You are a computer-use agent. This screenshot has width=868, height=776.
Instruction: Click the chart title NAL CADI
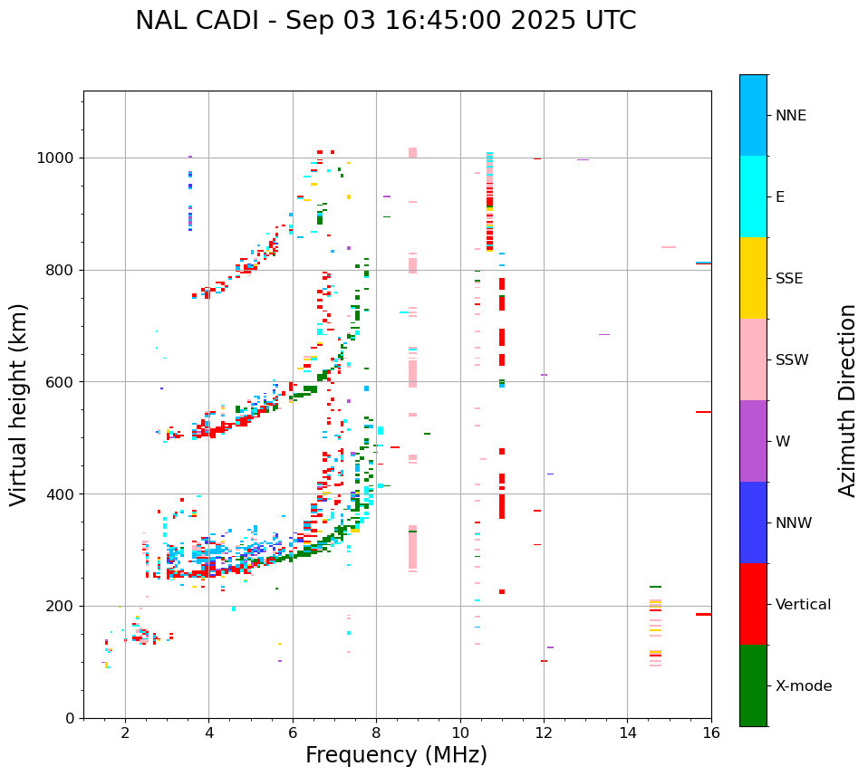point(198,21)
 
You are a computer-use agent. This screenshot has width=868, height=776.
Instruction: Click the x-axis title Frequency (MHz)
point(396,755)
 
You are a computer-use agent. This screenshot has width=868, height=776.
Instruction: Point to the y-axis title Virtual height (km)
point(19,404)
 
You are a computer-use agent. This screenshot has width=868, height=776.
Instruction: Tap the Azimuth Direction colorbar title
point(847,400)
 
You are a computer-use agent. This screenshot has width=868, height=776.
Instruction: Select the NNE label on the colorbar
point(790,116)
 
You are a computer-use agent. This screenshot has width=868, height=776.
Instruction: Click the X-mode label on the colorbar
point(804,686)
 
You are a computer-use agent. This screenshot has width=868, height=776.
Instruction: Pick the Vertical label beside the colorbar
point(803,605)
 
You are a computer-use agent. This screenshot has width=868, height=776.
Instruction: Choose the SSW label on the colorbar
point(792,360)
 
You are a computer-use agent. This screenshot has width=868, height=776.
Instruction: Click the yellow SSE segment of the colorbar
point(753,278)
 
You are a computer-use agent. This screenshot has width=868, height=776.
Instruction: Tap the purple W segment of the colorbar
point(753,441)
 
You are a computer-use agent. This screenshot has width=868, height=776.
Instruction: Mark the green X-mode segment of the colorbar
point(753,685)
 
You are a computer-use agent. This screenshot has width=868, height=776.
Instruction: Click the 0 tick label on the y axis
point(71,718)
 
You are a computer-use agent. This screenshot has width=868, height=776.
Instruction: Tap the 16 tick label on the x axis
point(711,733)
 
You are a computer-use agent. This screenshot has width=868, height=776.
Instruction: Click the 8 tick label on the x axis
point(376,733)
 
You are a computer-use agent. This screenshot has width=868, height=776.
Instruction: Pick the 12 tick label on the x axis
point(544,733)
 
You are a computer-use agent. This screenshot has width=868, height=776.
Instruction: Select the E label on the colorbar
point(780,197)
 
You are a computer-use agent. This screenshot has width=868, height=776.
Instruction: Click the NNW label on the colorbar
point(794,523)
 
